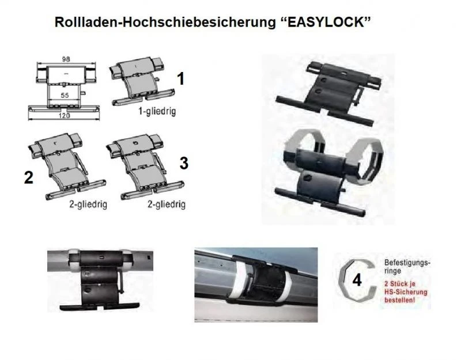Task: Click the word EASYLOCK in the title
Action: (x=325, y=22)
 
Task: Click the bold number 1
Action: (x=181, y=79)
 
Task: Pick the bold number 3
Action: (x=184, y=163)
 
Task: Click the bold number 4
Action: (x=357, y=281)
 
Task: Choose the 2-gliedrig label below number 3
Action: (x=167, y=204)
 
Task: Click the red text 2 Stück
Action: (x=398, y=283)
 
